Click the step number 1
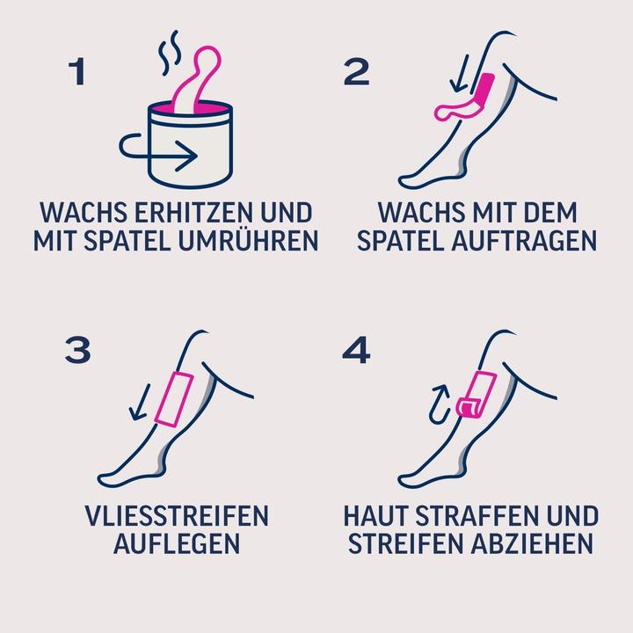[78, 72]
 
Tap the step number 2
[356, 72]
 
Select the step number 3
[78, 350]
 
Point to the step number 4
[356, 350]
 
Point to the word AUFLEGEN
[177, 543]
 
